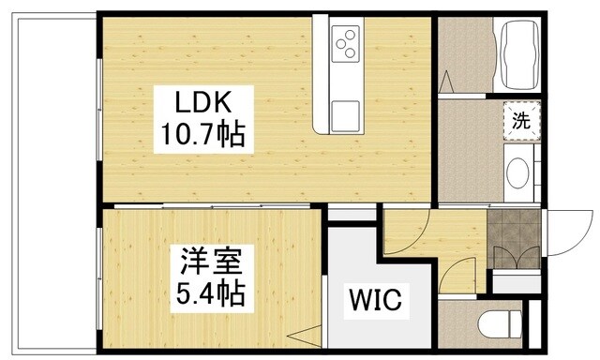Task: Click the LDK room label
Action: click(200, 101)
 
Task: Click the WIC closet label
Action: click(376, 302)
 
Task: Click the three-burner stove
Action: click(344, 43)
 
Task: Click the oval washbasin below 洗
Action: click(517, 173)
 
